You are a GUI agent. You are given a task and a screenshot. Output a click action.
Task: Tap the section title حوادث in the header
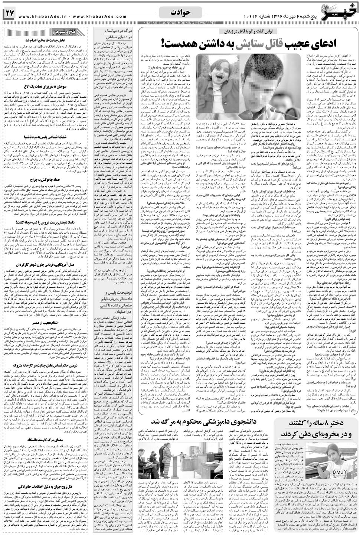[x=180, y=12]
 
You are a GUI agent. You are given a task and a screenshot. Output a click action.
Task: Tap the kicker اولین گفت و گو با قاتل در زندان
[x=245, y=31]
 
